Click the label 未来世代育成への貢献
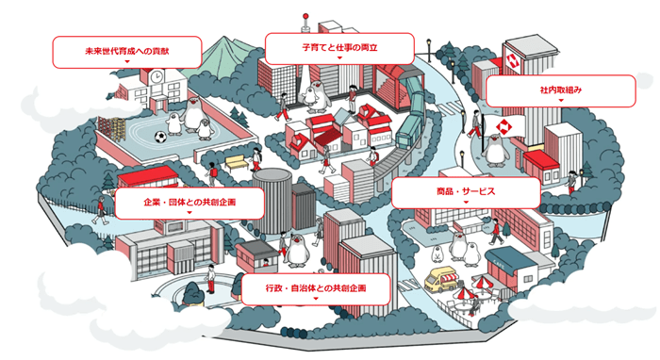(124, 50)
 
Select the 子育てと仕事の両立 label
(339, 47)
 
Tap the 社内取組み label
(561, 90)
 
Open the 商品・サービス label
(466, 192)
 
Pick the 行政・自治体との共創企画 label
(316, 286)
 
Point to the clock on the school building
(155, 83)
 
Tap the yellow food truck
(441, 280)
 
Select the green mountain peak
(220, 49)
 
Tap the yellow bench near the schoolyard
(236, 162)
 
